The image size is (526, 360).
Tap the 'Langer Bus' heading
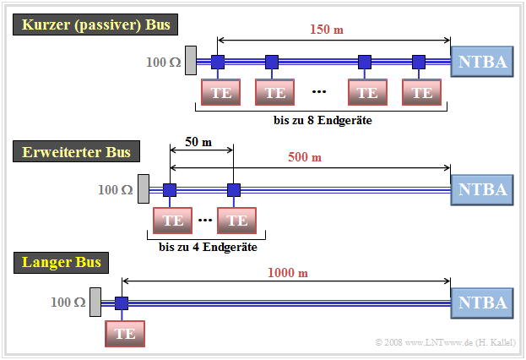point(62,263)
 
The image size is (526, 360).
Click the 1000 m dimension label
point(288,272)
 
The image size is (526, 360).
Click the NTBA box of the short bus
point(482,62)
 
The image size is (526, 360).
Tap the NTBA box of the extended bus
point(482,189)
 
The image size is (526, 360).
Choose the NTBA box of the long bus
point(482,303)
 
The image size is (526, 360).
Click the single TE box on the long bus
point(125,333)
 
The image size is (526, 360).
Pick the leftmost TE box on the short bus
point(221,92)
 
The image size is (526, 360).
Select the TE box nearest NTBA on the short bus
point(422,92)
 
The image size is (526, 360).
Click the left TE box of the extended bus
point(173,221)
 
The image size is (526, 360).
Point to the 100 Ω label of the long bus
point(68,302)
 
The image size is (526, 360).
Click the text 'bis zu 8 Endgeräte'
point(322,121)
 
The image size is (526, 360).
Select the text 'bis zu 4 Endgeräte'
point(207,248)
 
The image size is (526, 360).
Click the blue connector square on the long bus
point(121,303)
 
